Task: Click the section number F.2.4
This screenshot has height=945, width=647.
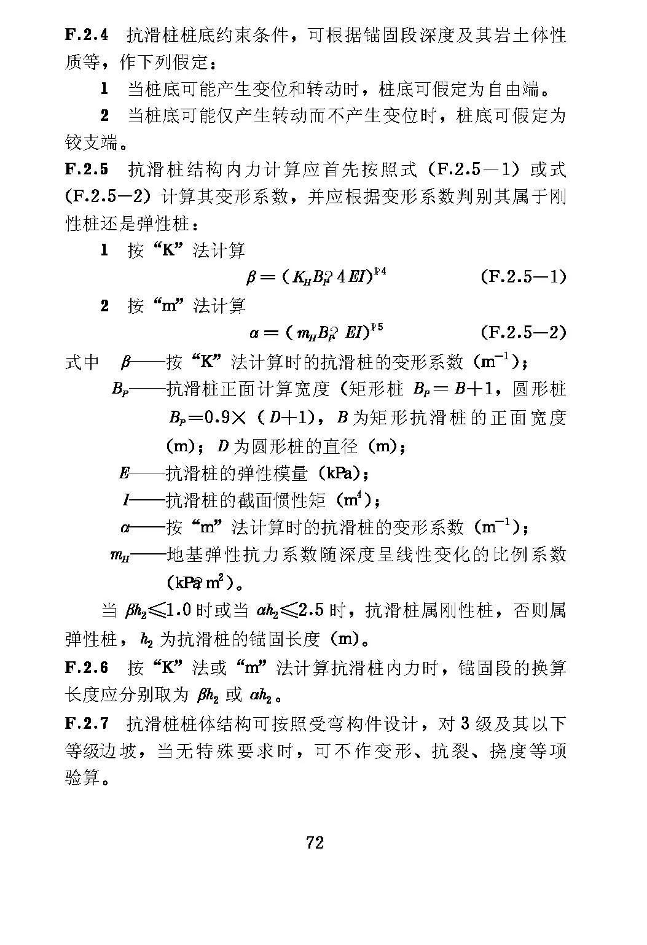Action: point(87,35)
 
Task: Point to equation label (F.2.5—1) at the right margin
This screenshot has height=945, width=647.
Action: point(522,277)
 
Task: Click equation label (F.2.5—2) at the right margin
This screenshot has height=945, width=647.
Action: point(522,333)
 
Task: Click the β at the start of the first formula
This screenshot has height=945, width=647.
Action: point(250,278)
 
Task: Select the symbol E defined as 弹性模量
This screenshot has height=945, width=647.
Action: point(124,473)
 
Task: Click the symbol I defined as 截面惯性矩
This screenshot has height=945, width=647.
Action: point(125,501)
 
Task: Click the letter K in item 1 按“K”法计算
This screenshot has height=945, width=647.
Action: point(168,251)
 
